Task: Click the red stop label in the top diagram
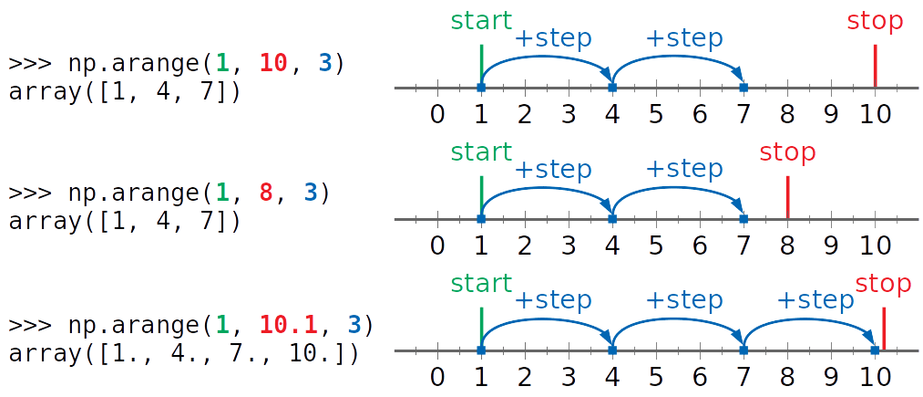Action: coord(875,22)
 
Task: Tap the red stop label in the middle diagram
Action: coord(787,152)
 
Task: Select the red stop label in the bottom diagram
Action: coord(884,284)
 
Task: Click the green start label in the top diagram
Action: coord(481,22)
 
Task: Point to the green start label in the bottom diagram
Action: coord(481,284)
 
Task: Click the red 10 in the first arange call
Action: coord(272,65)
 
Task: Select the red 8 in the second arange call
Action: coord(265,194)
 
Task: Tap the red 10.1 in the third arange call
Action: coord(288,325)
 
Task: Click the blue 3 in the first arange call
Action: coord(325,65)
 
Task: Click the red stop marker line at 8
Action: coord(787,195)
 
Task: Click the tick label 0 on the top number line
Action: coord(437,115)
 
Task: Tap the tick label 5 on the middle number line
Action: coord(655,246)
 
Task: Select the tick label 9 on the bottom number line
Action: coord(830,377)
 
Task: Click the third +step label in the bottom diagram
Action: coord(815,301)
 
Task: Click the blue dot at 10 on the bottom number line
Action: coord(875,350)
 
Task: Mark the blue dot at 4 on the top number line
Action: coord(612,88)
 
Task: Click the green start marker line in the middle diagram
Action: coord(481,195)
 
